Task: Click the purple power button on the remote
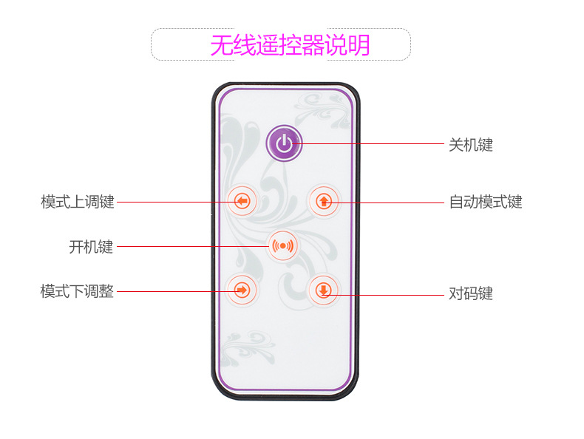tap(284, 143)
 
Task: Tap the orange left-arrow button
tap(242, 201)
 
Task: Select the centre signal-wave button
tap(282, 246)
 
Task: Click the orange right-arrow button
tap(242, 290)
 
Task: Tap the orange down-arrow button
tap(323, 290)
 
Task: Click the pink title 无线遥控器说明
tap(290, 45)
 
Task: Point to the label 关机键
tap(471, 145)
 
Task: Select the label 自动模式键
tap(486, 202)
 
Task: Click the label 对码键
tap(471, 293)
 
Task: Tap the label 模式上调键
tap(78, 202)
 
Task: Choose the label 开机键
tap(91, 247)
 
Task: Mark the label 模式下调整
tap(77, 291)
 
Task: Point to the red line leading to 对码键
tap(383, 295)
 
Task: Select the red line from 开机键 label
tap(193, 247)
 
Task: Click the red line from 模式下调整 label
tap(178, 291)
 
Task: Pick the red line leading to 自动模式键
tap(384, 203)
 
